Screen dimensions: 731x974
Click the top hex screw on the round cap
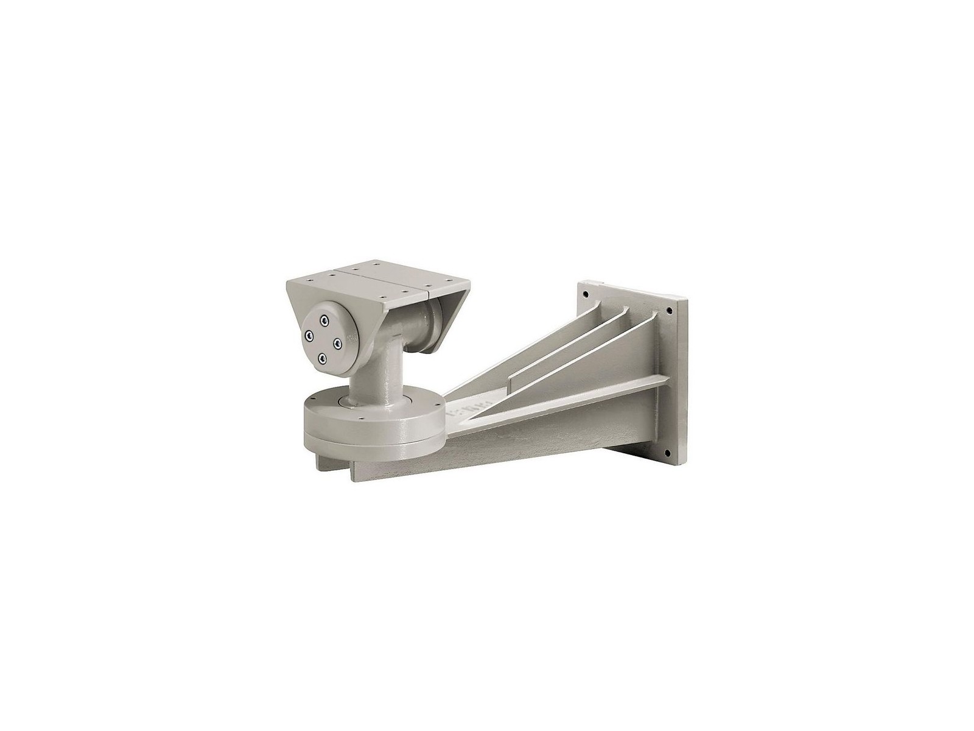tap(324, 319)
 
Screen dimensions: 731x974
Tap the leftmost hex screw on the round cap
tap(309, 334)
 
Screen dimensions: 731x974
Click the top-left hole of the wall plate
tap(585, 294)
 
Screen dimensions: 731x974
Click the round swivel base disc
tap(371, 426)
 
